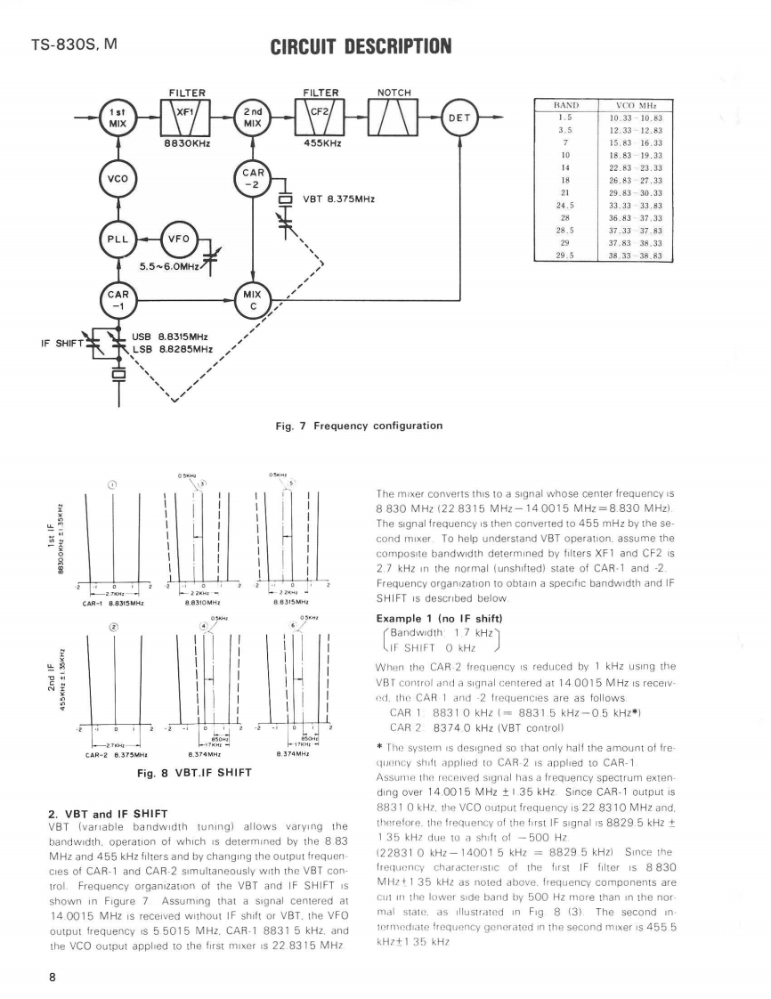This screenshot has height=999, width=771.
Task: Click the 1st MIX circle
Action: click(x=117, y=118)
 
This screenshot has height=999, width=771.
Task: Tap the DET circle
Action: click(x=459, y=118)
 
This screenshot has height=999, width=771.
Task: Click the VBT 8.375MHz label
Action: click(x=339, y=199)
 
